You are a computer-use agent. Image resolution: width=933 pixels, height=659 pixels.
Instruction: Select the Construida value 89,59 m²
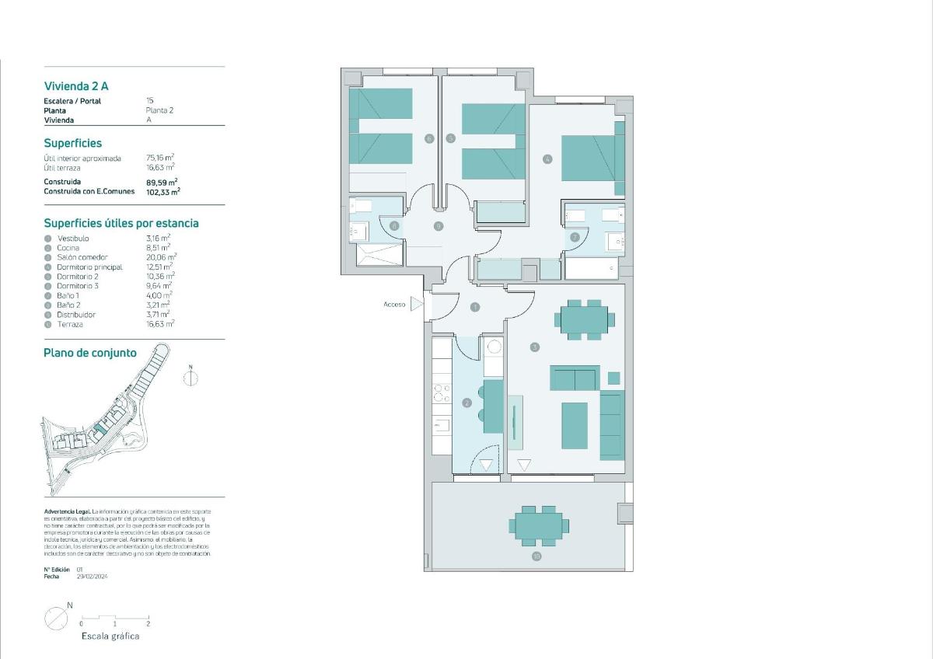[x=162, y=182]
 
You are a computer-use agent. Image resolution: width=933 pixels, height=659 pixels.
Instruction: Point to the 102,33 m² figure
[x=163, y=191]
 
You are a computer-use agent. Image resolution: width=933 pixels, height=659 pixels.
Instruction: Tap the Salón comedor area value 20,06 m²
[x=161, y=257]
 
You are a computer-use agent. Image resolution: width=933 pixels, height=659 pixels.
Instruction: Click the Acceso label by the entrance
[x=394, y=305]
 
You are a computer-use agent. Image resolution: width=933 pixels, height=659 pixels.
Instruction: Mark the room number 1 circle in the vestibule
[x=475, y=308]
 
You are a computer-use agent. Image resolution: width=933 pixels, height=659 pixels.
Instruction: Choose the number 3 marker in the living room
[x=535, y=347]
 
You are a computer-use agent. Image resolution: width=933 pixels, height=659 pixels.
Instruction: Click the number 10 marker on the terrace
[x=536, y=556]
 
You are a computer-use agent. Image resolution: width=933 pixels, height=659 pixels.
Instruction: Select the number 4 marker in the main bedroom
[x=547, y=159]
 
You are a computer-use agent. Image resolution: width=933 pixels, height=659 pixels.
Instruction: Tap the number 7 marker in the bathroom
[x=575, y=237]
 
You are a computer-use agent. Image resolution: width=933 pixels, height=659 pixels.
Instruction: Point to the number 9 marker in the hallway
[x=439, y=226]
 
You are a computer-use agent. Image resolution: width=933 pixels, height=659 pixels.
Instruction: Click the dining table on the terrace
[x=537, y=525]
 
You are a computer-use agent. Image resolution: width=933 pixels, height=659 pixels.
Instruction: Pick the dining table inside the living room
[x=584, y=319]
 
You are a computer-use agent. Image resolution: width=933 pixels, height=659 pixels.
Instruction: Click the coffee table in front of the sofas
[x=575, y=425]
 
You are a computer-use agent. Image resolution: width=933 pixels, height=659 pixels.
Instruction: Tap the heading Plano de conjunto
[x=90, y=353]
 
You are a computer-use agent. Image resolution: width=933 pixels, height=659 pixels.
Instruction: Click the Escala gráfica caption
[x=110, y=636]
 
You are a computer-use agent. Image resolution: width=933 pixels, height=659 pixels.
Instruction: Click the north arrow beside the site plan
[x=190, y=377]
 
